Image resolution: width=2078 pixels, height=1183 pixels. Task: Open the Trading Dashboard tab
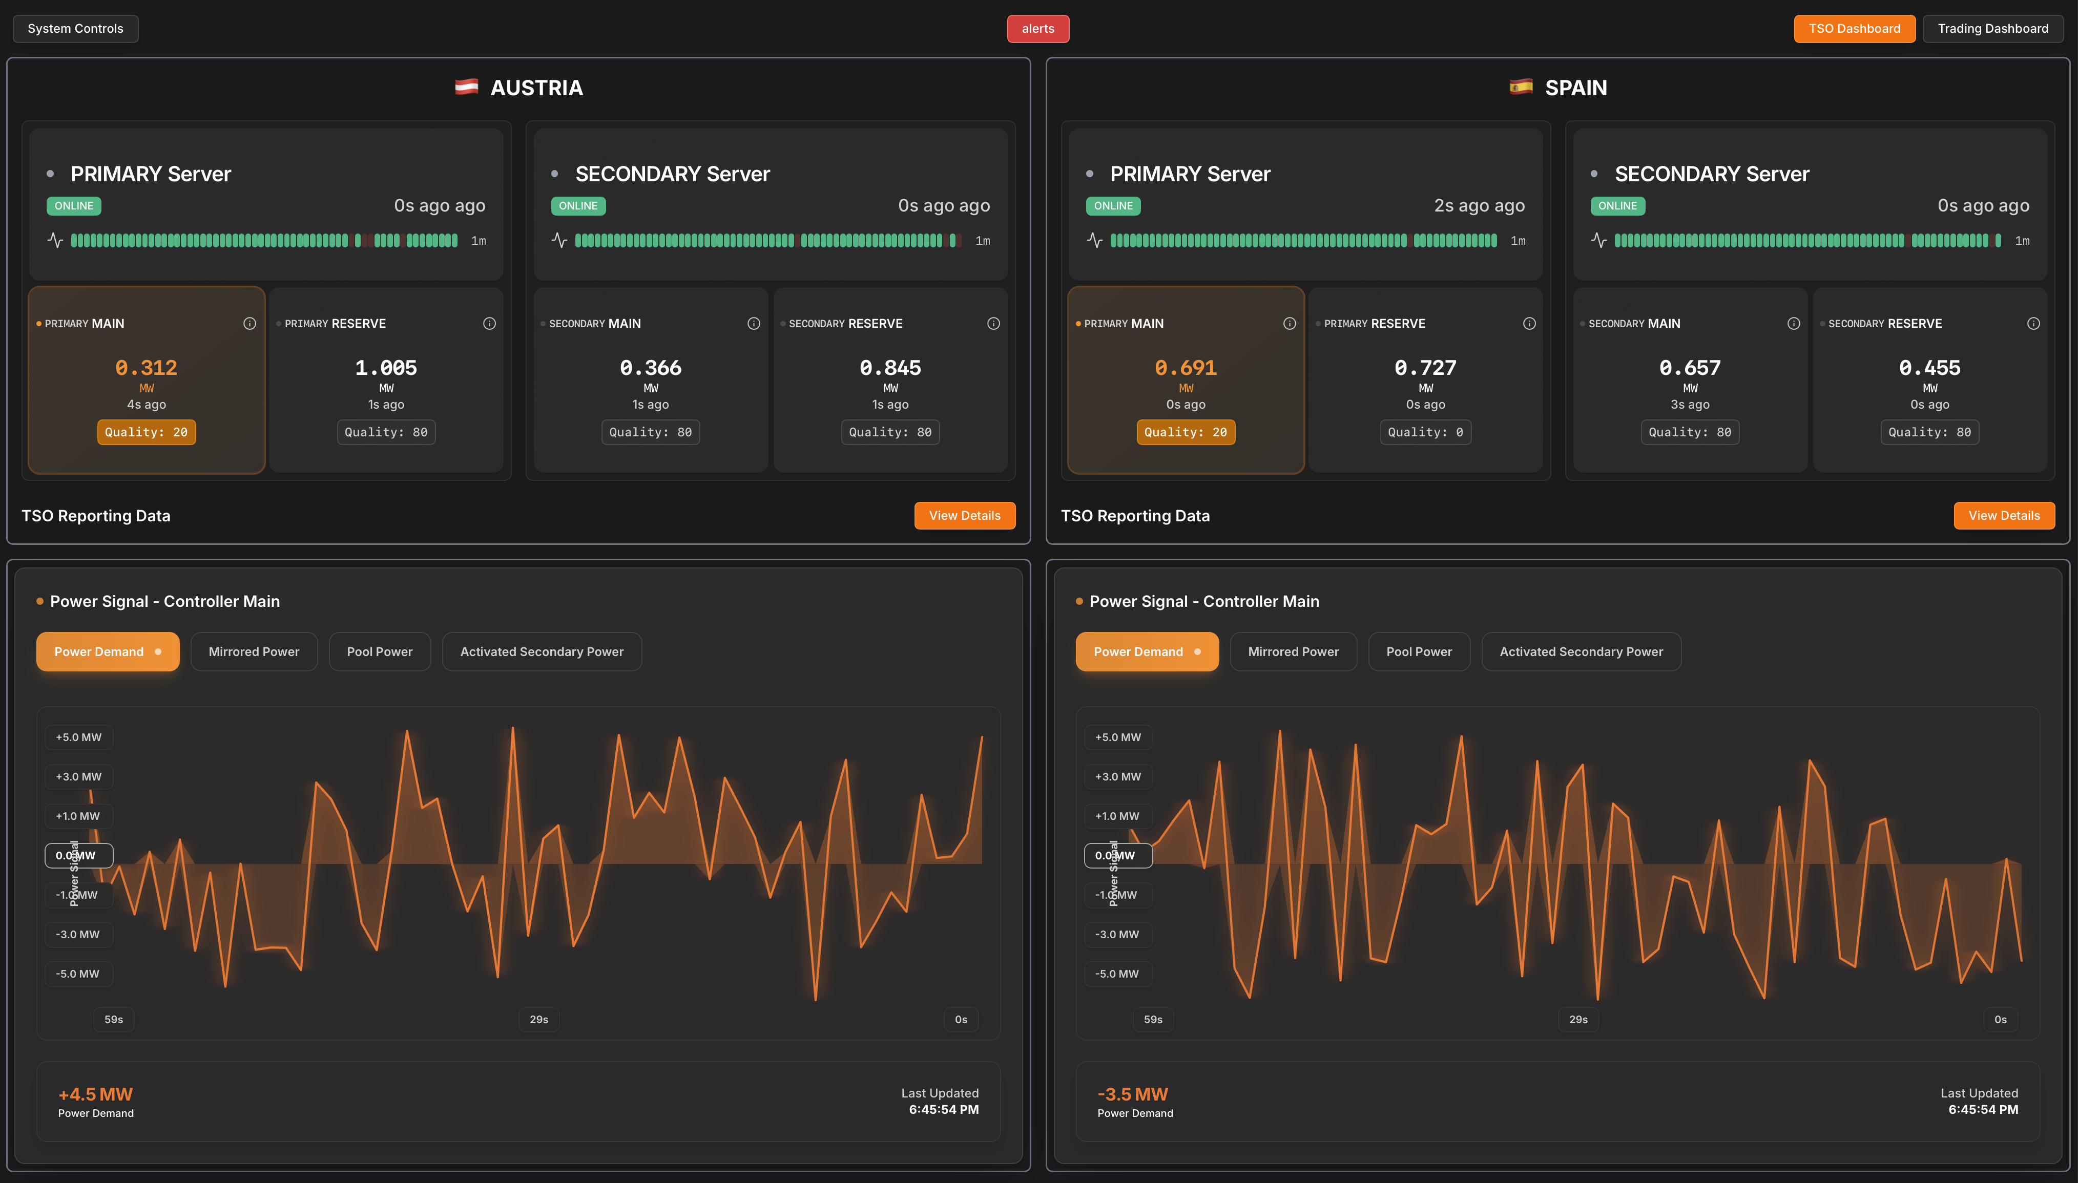1992,29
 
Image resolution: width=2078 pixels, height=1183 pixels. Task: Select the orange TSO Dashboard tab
1854,29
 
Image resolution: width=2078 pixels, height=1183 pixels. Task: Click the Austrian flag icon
466,87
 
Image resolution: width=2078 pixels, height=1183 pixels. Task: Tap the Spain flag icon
1521,87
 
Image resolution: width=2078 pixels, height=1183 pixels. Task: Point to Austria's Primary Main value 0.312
147,368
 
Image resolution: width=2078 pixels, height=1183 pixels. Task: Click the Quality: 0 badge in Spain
1425,432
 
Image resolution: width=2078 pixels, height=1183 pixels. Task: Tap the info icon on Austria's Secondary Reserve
993,323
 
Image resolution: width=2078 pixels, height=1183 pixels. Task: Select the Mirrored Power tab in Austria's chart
254,651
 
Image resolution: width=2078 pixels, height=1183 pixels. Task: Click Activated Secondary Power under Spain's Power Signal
1581,651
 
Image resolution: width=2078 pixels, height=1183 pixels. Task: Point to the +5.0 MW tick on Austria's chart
79,737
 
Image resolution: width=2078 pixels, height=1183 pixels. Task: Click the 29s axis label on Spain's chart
1577,1019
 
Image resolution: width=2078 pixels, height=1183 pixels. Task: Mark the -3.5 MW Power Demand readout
1132,1094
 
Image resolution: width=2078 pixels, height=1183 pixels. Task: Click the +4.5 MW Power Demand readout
95,1094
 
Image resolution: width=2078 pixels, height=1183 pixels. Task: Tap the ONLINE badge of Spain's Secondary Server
1617,205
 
